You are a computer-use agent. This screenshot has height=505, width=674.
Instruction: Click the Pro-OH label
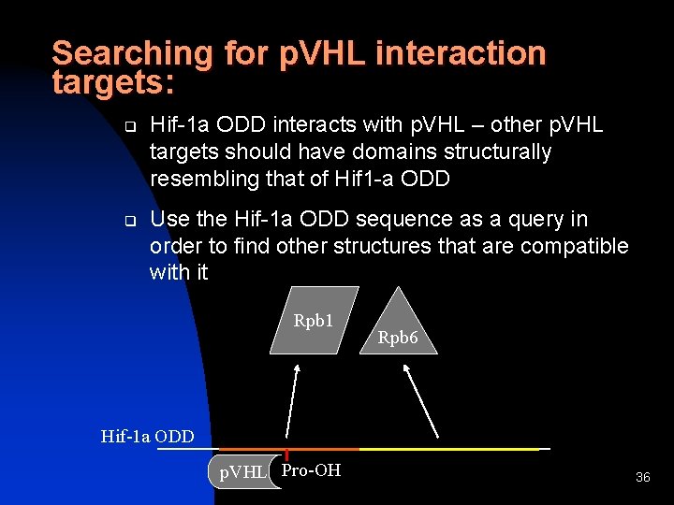311,470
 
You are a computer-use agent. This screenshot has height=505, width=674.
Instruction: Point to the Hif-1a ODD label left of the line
147,436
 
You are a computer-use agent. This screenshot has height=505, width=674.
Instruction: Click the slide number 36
642,478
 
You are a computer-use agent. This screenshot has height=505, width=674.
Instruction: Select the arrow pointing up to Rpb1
293,401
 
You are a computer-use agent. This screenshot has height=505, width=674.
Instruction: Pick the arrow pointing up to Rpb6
420,400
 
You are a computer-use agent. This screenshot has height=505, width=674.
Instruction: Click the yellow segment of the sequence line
449,450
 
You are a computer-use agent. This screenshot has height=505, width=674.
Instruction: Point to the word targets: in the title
113,82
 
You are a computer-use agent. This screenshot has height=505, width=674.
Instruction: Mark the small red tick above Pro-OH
286,454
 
